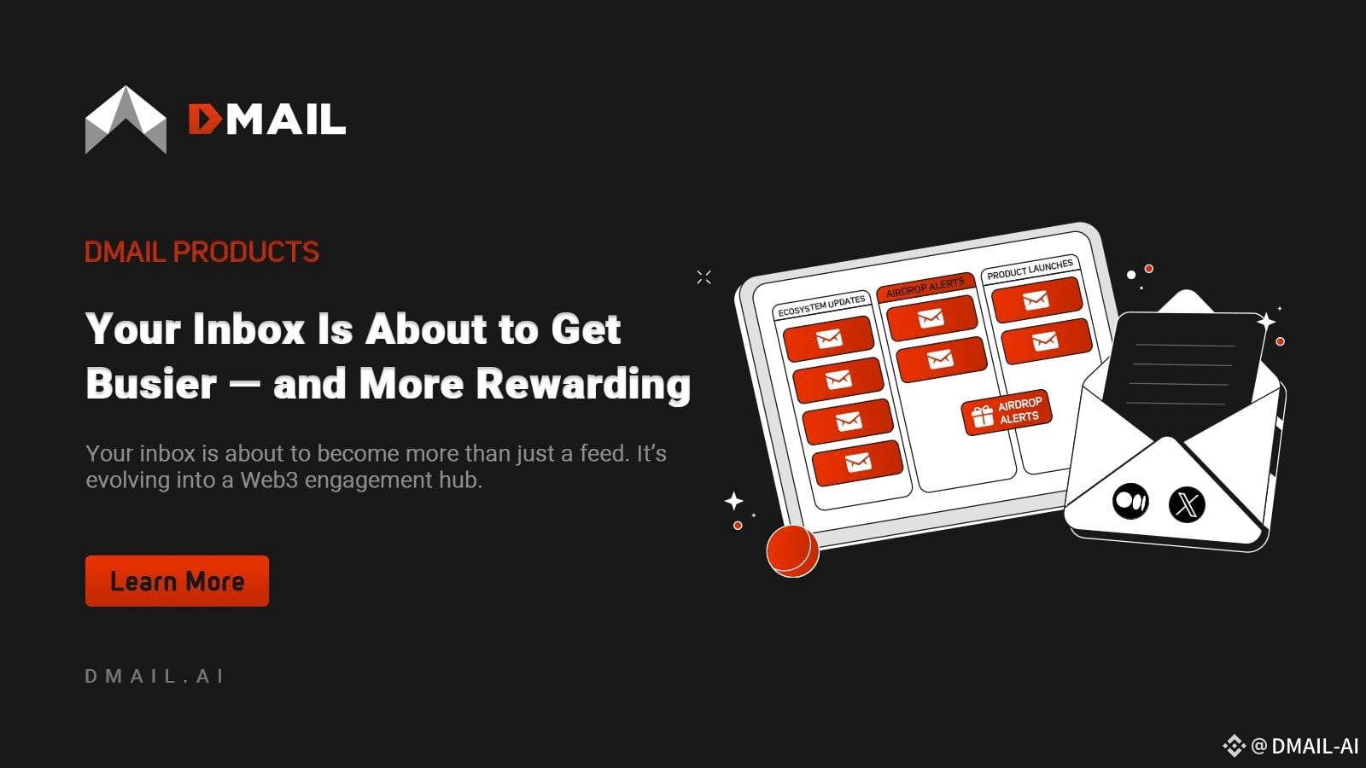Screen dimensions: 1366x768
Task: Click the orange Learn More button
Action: pos(177,581)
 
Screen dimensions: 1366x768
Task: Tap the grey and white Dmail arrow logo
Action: pos(126,119)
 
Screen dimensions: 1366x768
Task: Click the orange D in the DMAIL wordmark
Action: pos(204,119)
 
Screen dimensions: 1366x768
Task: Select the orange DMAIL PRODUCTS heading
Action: pos(201,252)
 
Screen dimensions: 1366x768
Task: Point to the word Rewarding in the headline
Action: pos(583,384)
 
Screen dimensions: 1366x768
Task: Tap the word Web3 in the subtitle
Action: pos(269,480)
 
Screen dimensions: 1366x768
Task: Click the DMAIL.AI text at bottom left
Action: pos(155,676)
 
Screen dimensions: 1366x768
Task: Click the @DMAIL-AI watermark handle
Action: pos(1304,746)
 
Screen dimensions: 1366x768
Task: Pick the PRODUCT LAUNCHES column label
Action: pos(1030,270)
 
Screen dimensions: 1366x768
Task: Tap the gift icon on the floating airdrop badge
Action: pos(982,417)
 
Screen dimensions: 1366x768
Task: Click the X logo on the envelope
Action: pos(1187,504)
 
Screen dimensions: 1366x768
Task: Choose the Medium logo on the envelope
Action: pos(1130,501)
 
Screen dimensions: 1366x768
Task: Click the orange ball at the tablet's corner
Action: pos(792,550)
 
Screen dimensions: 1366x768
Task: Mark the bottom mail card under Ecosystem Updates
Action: pos(857,463)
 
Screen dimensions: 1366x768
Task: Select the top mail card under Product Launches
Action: pos(1036,300)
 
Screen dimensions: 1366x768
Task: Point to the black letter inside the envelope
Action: pos(1183,372)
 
